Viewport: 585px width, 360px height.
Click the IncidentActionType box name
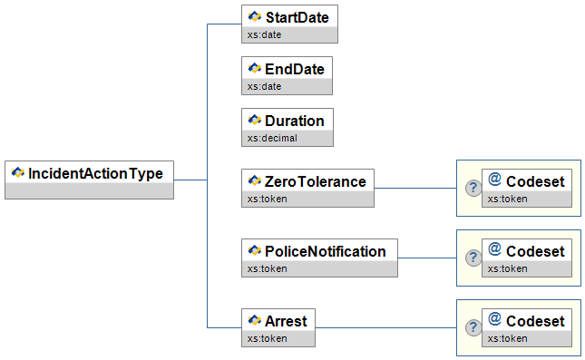click(x=95, y=174)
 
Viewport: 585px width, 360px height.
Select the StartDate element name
click(x=297, y=17)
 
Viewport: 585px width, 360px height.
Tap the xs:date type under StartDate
click(x=264, y=35)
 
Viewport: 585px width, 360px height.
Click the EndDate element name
click(x=295, y=70)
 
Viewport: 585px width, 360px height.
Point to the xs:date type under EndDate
click(x=264, y=86)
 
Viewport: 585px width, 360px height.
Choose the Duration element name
click(x=295, y=122)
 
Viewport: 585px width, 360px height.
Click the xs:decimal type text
click(x=272, y=139)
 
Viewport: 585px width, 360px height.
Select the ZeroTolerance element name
click(x=316, y=182)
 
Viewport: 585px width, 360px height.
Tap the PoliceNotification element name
click(x=325, y=252)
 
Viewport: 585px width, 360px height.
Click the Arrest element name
click(x=286, y=322)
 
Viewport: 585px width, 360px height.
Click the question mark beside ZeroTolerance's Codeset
click(x=473, y=188)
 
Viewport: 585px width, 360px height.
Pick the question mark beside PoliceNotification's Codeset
click(x=473, y=258)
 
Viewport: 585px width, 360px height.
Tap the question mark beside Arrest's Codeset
click(x=473, y=327)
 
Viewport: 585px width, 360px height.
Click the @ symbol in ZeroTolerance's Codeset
click(x=494, y=180)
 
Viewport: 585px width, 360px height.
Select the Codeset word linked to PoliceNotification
click(x=535, y=252)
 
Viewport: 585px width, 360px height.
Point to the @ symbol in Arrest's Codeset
click(x=494, y=319)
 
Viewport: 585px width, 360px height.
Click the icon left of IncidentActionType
click(x=18, y=172)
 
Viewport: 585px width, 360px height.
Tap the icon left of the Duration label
click(x=255, y=120)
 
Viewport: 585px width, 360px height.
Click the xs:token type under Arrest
click(x=268, y=339)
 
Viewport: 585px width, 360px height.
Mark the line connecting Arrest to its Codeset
click(x=385, y=328)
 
